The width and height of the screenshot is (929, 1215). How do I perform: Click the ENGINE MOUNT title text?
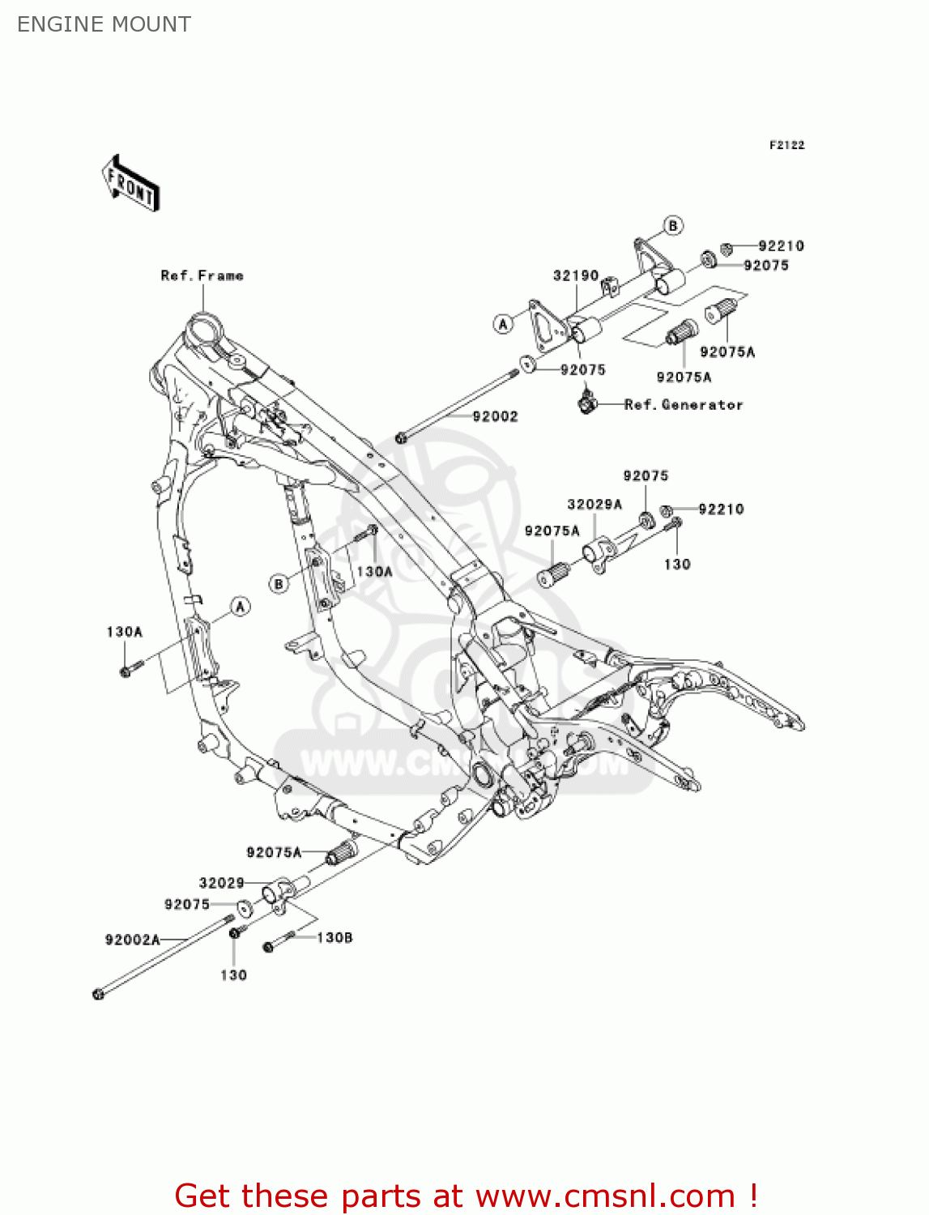104,24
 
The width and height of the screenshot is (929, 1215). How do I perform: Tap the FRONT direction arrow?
130,185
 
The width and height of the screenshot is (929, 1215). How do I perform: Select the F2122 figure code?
786,145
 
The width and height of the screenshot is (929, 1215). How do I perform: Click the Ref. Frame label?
202,275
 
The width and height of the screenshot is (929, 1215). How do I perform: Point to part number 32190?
575,275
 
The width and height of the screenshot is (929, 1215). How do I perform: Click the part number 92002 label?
495,416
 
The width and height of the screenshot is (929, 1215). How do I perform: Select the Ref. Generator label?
684,404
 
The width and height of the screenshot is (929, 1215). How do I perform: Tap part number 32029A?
594,504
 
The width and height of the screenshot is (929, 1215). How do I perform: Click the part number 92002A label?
132,940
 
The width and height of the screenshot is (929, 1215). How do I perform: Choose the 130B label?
335,937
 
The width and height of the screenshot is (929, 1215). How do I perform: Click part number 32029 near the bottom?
221,883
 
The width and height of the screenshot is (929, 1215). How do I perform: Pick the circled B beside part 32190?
673,225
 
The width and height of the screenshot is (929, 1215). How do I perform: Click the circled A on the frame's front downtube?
240,606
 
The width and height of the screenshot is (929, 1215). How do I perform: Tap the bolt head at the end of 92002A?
99,994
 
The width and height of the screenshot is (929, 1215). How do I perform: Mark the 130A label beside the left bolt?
124,631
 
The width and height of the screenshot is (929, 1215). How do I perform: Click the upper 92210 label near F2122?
781,245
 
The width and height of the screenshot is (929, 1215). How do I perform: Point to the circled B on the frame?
279,583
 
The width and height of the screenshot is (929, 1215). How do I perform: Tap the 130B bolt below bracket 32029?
270,945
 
